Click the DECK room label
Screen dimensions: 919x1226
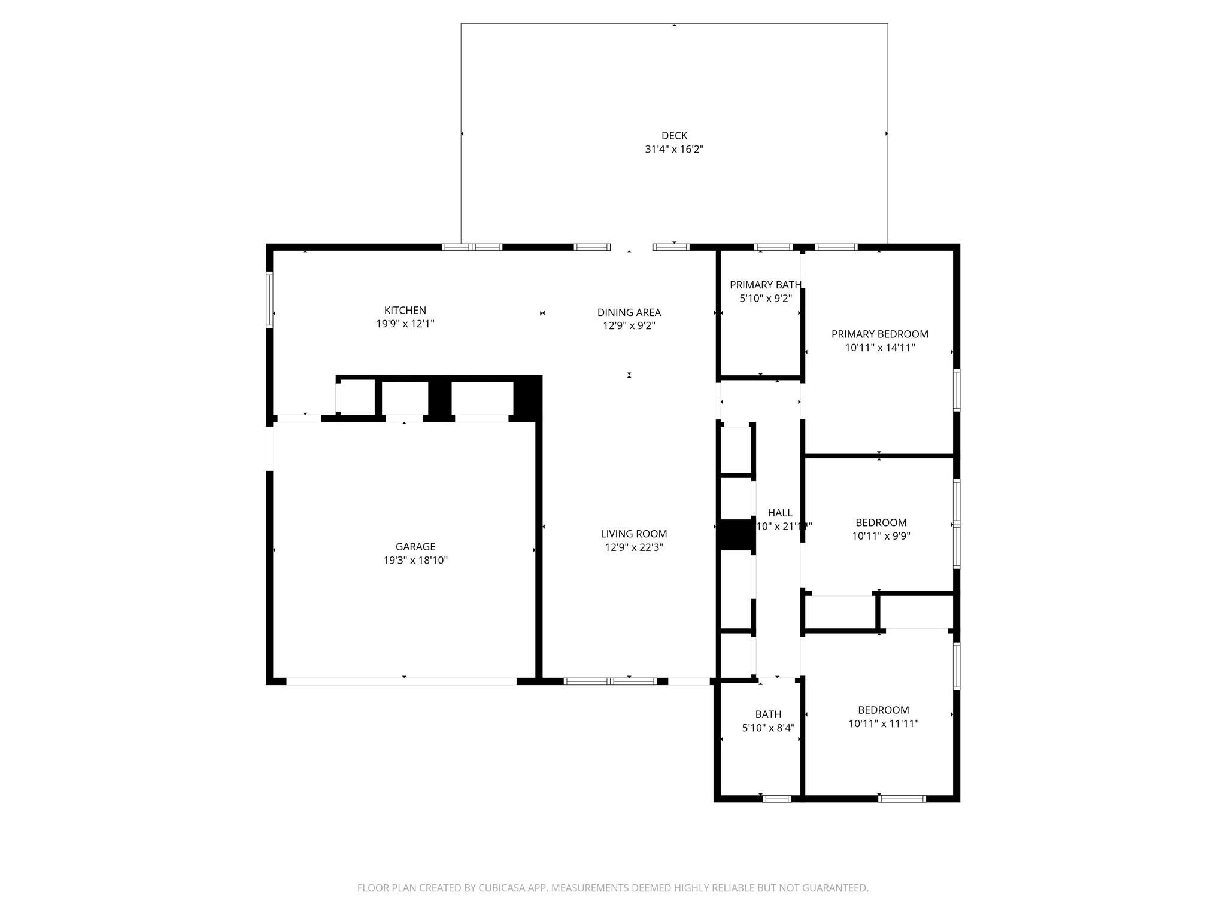click(x=674, y=136)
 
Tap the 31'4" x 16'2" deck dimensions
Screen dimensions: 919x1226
click(x=674, y=150)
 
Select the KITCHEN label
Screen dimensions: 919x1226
click(x=405, y=310)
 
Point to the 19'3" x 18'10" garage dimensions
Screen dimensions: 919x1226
click(x=415, y=561)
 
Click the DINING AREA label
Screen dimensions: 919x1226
click(x=629, y=312)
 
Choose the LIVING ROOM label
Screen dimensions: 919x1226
click(x=634, y=534)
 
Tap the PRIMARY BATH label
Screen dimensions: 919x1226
click(x=766, y=285)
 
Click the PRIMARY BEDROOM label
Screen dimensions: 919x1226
click(x=880, y=334)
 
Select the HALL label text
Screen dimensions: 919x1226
click(x=780, y=513)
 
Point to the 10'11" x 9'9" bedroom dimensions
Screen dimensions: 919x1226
click(x=881, y=536)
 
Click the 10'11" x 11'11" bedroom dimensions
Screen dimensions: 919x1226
click(x=884, y=723)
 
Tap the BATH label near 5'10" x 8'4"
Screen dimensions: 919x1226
click(x=768, y=714)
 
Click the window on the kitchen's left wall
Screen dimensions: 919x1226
click(x=270, y=300)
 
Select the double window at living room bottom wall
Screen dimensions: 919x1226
click(x=610, y=681)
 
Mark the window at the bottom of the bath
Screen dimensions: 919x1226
click(x=776, y=799)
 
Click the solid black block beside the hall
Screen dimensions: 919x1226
click(x=736, y=535)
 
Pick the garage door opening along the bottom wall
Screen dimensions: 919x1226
click(x=401, y=681)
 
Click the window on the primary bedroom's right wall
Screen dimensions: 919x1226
click(x=957, y=389)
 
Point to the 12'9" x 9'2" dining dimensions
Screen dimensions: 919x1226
click(x=629, y=326)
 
